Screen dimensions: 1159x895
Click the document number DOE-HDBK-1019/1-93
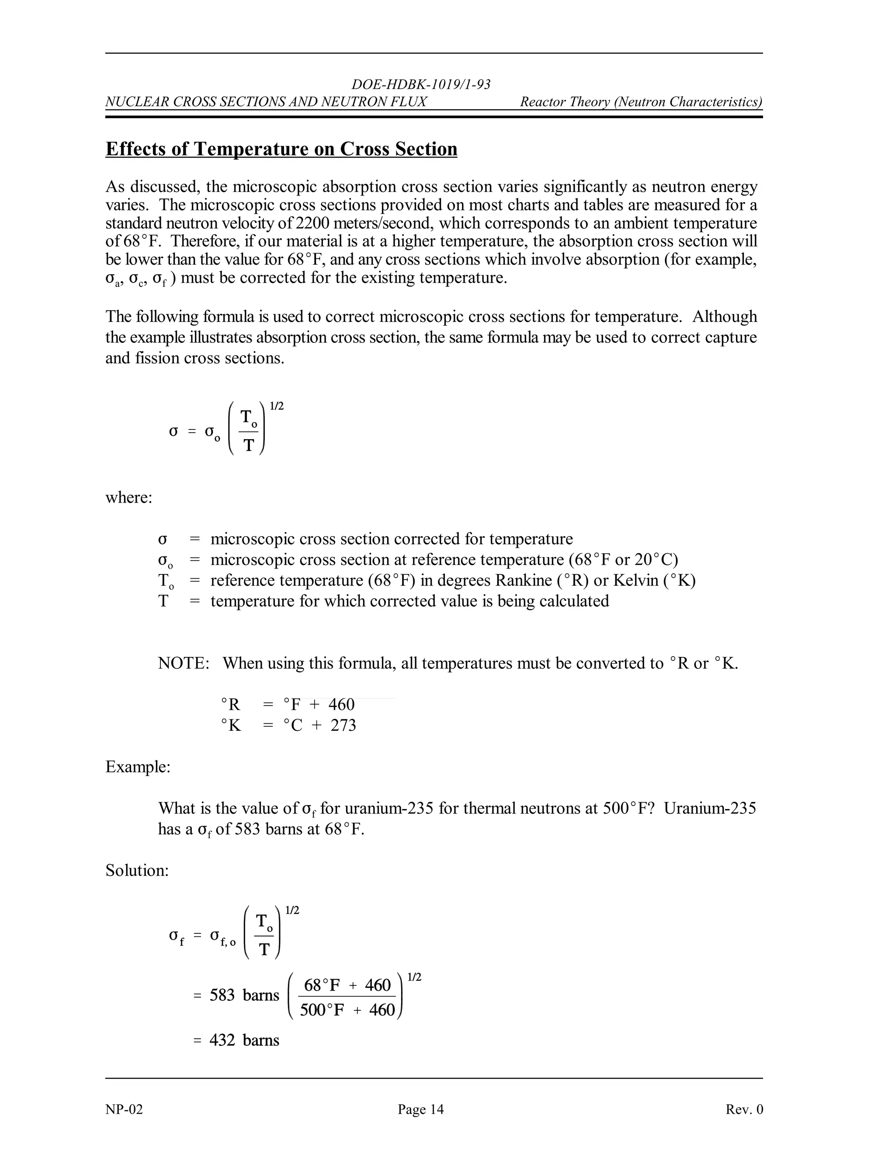(x=421, y=84)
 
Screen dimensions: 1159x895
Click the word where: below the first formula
(x=129, y=498)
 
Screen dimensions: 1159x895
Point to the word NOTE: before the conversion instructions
(x=184, y=663)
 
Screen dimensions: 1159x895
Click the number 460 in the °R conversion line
(x=341, y=705)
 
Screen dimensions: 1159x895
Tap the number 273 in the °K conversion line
(x=343, y=726)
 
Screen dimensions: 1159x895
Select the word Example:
(x=138, y=767)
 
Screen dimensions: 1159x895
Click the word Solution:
(x=137, y=870)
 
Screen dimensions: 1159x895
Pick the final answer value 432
(x=222, y=1040)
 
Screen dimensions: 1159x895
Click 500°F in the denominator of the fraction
(x=322, y=1010)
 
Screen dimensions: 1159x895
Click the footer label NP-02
(x=124, y=1110)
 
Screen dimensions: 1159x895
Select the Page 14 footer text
(x=420, y=1110)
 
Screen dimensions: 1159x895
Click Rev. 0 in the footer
(x=744, y=1110)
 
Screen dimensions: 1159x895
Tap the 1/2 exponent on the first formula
(x=277, y=406)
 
